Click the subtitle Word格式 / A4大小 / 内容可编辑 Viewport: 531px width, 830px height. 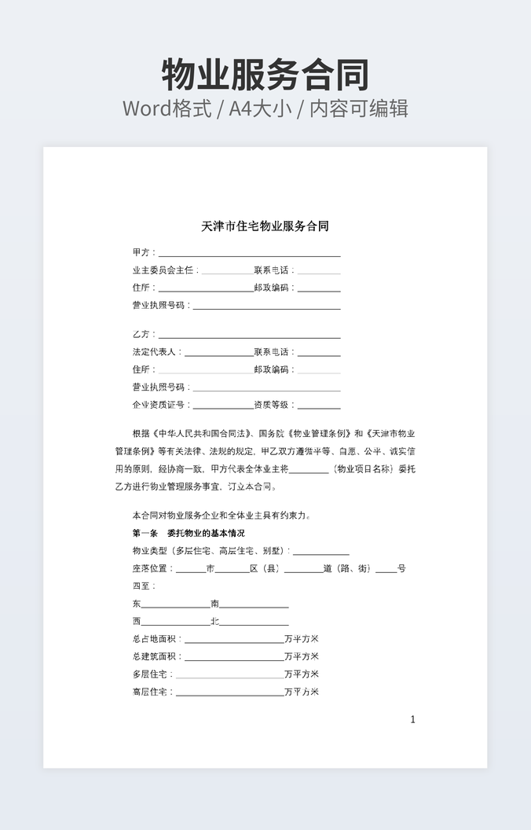point(265,108)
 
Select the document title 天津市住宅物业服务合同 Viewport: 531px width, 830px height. point(265,226)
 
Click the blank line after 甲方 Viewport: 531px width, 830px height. point(249,255)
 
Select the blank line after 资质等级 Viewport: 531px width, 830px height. point(319,407)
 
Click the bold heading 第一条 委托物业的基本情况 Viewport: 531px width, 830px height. point(189,533)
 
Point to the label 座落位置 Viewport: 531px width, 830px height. point(152,568)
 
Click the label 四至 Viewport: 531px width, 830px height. point(144,586)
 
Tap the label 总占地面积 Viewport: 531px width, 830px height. point(156,639)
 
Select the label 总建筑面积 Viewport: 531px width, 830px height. point(156,656)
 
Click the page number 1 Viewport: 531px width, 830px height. point(413,719)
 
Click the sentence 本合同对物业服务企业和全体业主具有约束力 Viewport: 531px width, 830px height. point(222,516)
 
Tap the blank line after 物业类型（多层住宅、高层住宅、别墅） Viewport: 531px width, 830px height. point(320,553)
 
